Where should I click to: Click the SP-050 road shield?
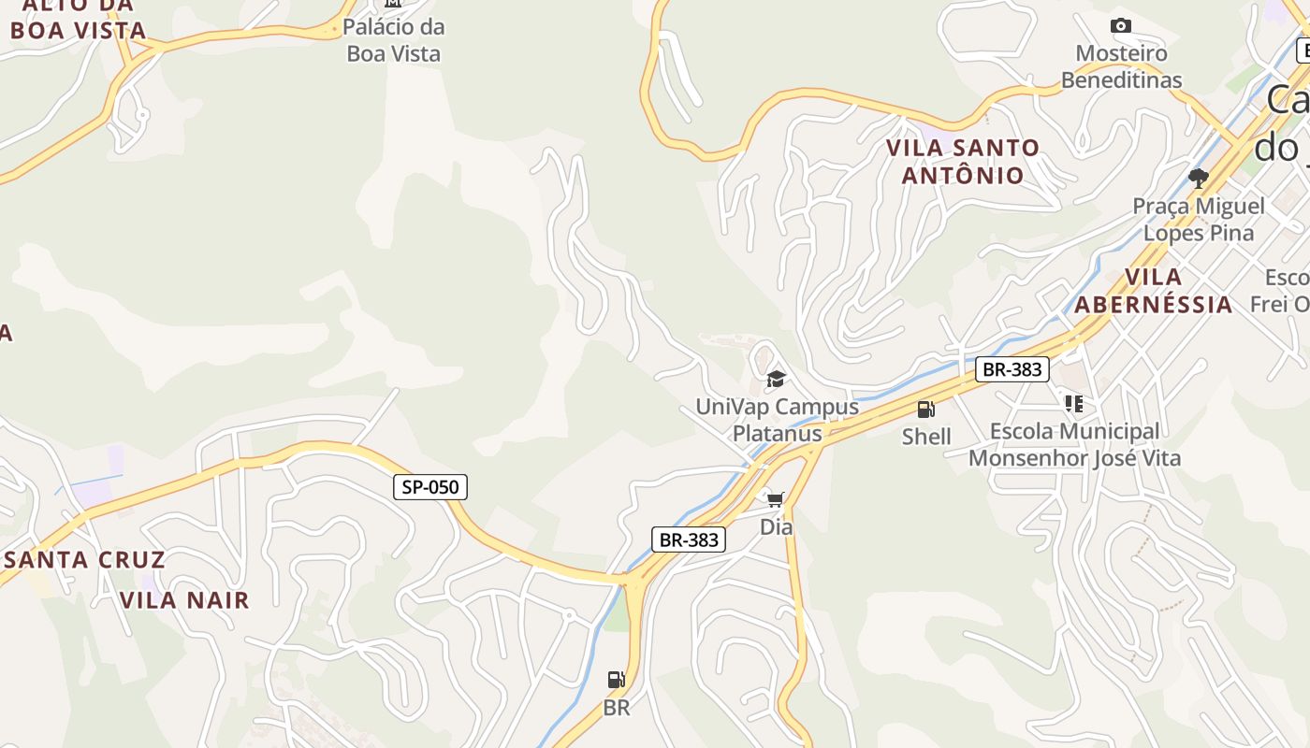pyautogui.click(x=429, y=486)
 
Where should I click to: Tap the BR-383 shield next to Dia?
pyautogui.click(x=689, y=539)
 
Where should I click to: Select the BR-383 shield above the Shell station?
pyautogui.click(x=1012, y=369)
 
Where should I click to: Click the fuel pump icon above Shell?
pyautogui.click(x=925, y=410)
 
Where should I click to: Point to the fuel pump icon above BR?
pyautogui.click(x=616, y=680)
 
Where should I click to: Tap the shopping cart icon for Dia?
pyautogui.click(x=775, y=499)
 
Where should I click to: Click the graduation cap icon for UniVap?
pyautogui.click(x=776, y=379)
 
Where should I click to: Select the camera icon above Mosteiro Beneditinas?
pyautogui.click(x=1120, y=26)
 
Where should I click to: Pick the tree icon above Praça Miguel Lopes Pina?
pyautogui.click(x=1198, y=178)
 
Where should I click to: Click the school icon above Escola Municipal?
pyautogui.click(x=1073, y=404)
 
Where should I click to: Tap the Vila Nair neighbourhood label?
pyautogui.click(x=185, y=600)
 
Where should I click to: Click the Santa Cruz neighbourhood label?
pyautogui.click(x=85, y=560)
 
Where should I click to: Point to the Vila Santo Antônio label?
pyautogui.click(x=963, y=161)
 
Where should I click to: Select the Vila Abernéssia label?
pyautogui.click(x=1153, y=291)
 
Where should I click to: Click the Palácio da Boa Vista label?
pyautogui.click(x=394, y=40)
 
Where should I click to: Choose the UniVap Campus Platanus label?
pyautogui.click(x=777, y=420)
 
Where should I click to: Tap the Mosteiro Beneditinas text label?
pyautogui.click(x=1121, y=66)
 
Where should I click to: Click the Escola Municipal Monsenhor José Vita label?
pyautogui.click(x=1074, y=445)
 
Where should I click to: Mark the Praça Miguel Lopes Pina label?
pyautogui.click(x=1199, y=219)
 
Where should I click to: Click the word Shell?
pyautogui.click(x=926, y=437)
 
